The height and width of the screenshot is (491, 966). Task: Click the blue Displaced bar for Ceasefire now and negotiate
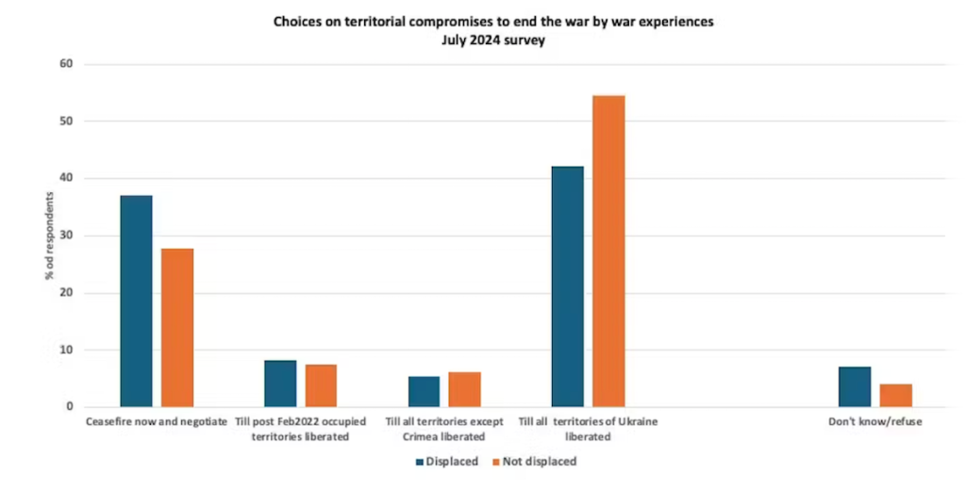[136, 301]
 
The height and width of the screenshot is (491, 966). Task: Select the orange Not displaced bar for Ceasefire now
[177, 327]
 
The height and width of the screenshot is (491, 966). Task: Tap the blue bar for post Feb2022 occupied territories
[280, 384]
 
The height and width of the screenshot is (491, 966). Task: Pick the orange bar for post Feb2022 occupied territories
[321, 385]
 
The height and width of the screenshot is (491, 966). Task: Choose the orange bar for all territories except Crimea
[465, 389]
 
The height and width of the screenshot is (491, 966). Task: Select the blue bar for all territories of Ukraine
[568, 286]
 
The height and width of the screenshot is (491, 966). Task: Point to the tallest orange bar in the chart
[608, 251]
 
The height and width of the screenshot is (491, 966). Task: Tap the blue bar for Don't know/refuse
[855, 386]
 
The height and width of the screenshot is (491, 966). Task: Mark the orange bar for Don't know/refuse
[896, 395]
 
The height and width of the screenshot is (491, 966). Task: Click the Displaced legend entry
[447, 462]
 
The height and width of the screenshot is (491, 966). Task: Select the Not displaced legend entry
[537, 462]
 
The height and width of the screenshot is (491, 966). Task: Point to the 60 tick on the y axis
[65, 64]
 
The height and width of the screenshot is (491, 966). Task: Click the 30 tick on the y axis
[65, 236]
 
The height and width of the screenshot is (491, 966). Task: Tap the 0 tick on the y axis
[68, 407]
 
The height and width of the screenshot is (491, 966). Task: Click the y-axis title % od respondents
[46, 236]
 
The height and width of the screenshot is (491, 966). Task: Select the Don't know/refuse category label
[874, 422]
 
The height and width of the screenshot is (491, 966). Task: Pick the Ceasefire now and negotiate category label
[156, 422]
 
